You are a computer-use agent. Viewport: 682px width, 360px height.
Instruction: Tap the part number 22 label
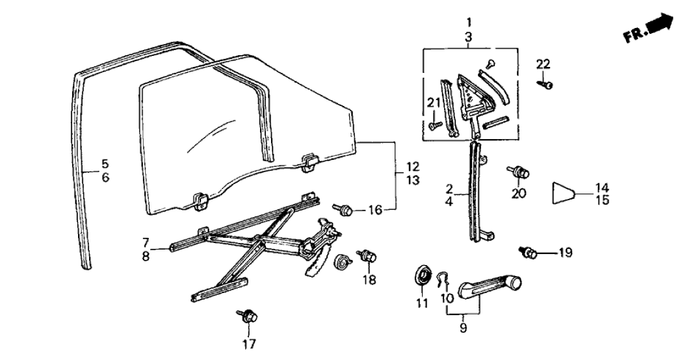(543, 64)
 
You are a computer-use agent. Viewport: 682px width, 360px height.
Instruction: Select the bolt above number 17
(248, 316)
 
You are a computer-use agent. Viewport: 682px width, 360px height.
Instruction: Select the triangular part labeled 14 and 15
(564, 193)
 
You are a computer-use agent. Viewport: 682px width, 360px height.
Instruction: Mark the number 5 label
(104, 164)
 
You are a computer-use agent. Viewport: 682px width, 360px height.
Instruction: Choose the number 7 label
(146, 242)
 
